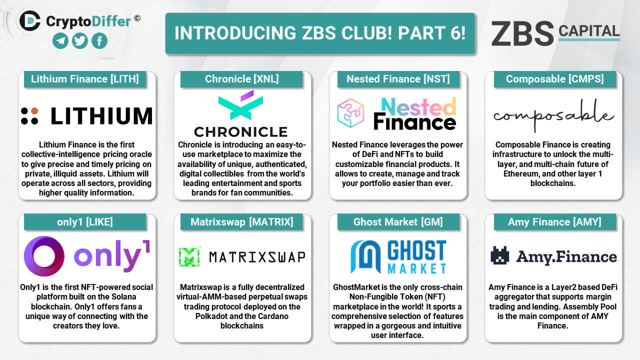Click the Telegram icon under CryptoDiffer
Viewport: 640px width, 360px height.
[x=60, y=41]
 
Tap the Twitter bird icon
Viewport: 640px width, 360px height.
[x=79, y=41]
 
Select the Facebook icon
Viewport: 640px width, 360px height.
[x=99, y=41]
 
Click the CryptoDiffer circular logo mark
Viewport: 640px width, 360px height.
[x=29, y=21]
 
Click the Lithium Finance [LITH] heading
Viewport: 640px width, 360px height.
[x=85, y=79]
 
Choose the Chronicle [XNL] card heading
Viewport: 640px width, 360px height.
[x=241, y=79]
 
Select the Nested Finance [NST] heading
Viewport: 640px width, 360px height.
[x=398, y=79]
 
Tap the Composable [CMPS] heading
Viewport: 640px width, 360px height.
[x=555, y=79]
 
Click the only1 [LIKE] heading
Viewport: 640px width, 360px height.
[x=85, y=222]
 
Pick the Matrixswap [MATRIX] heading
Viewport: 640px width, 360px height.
[x=241, y=222]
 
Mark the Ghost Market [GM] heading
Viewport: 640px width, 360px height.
[x=398, y=222]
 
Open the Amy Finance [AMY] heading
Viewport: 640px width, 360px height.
[x=554, y=222]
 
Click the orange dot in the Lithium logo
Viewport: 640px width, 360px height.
[x=34, y=111]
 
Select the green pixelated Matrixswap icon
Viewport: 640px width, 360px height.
[x=189, y=256]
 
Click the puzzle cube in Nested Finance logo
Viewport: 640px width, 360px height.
[x=350, y=113]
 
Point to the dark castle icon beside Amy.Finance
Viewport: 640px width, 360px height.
[x=499, y=255]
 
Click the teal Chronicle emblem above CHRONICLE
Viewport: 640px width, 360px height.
[x=240, y=105]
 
